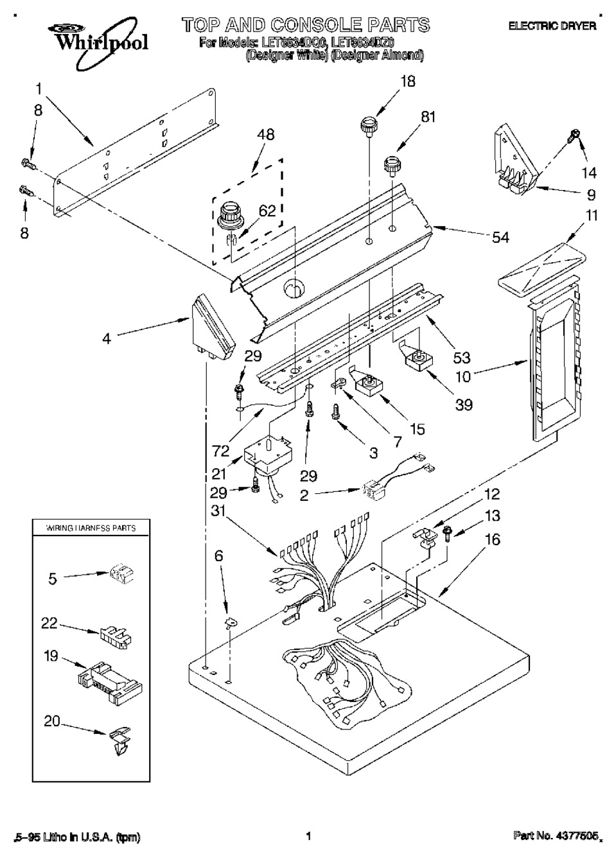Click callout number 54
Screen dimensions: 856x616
coord(500,238)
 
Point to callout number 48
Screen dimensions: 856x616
coord(265,135)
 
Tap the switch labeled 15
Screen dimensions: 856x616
coord(369,386)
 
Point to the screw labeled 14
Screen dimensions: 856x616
coord(572,137)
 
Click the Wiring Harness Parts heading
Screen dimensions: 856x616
coord(91,528)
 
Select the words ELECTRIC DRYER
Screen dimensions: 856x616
coord(552,26)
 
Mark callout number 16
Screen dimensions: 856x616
coord(492,541)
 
